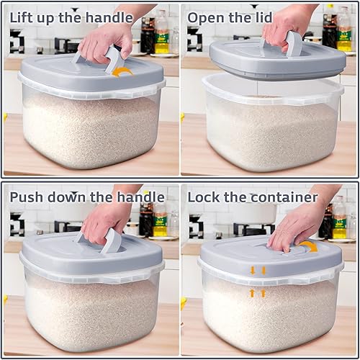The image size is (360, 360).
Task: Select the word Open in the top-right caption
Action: click(204, 14)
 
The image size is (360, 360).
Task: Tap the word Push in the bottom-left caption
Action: click(26, 197)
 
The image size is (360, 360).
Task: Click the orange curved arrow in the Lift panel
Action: click(123, 70)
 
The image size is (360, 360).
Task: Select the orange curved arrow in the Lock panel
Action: click(308, 247)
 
